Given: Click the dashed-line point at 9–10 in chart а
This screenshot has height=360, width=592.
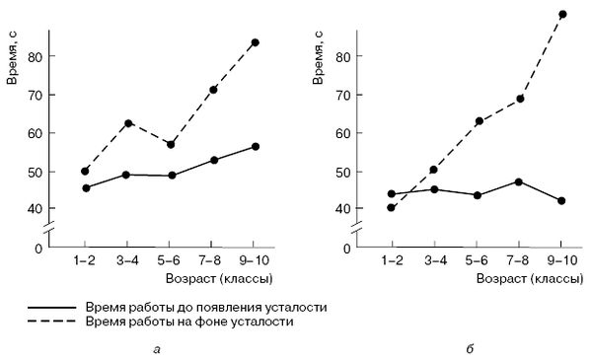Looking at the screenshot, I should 255,42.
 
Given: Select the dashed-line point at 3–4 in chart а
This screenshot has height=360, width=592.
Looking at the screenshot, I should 127,123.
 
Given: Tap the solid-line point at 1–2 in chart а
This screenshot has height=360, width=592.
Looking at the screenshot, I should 86,187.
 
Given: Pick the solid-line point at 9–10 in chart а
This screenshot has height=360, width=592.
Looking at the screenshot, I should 255,146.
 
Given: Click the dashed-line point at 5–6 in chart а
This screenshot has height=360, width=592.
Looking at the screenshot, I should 171,144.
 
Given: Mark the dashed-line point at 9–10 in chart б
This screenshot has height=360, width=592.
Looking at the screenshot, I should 562,14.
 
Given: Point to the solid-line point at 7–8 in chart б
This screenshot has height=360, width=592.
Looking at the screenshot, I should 519,181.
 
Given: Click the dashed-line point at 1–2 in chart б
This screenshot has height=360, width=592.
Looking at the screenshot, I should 392,207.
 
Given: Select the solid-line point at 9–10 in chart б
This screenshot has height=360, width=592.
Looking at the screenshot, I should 561,200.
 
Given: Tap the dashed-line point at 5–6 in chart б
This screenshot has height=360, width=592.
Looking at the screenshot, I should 477,121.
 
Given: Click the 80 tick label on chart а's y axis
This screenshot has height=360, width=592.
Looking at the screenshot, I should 37,57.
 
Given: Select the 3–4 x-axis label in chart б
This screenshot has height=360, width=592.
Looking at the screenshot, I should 434,259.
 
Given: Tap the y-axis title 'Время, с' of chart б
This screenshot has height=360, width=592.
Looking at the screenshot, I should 318,58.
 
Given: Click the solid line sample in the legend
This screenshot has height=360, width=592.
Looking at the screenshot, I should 55,307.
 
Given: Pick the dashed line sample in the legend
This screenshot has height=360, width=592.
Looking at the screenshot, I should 55,322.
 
